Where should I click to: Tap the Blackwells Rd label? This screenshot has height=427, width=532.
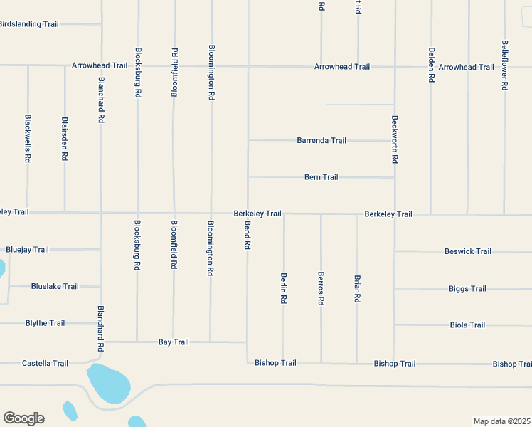coord(28,139)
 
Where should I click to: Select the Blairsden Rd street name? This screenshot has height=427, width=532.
coord(65,139)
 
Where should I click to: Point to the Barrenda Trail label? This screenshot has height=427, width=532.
coord(321,141)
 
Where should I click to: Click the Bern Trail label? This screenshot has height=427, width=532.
coord(321,177)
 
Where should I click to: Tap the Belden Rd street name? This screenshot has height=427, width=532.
coord(431,65)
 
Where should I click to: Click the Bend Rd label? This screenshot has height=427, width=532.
coord(247,235)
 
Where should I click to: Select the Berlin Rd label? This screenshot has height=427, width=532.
coord(283,288)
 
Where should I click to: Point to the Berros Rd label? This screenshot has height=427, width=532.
coord(321,288)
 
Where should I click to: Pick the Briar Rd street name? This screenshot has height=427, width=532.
coord(357,289)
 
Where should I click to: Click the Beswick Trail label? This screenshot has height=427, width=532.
coord(468,251)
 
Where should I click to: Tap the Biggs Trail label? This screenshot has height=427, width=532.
coord(468,289)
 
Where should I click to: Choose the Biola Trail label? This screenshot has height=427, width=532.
coord(468,325)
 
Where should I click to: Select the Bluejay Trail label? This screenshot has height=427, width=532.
coord(27,250)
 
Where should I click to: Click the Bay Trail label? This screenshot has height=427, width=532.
coord(174,342)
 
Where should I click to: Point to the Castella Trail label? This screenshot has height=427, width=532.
coord(46,364)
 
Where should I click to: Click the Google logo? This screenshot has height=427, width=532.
coord(23,418)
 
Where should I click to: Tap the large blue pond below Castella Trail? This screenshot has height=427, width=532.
coord(108,384)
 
